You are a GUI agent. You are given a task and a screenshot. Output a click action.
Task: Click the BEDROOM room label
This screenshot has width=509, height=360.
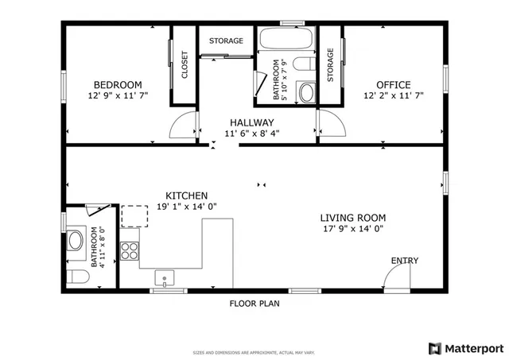(x=118, y=85)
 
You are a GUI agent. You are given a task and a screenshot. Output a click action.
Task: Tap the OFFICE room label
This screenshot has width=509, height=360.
(x=394, y=85)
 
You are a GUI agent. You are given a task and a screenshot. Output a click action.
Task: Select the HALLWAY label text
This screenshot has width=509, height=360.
(x=252, y=122)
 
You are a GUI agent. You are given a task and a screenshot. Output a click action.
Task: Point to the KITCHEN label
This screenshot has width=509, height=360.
(x=187, y=195)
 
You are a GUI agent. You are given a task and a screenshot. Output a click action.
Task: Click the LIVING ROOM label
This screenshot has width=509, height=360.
(x=352, y=218)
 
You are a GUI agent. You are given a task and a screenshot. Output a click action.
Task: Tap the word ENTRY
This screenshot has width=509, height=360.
(x=404, y=261)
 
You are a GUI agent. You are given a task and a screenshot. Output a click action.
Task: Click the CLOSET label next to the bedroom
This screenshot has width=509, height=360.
(x=185, y=65)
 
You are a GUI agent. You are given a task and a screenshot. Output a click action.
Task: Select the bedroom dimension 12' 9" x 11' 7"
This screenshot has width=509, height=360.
(x=118, y=95)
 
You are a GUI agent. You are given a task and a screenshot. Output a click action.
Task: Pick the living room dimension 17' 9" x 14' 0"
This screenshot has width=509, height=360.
(x=352, y=229)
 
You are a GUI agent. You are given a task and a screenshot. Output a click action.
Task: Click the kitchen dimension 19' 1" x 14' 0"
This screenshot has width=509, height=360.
(x=187, y=207)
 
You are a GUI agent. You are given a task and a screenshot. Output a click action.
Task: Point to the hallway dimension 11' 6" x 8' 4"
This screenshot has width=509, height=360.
(x=252, y=134)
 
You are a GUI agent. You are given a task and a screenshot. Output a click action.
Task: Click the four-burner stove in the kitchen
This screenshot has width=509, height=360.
(x=130, y=251)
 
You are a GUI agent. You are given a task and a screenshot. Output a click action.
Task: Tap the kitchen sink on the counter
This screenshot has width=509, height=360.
(x=165, y=278)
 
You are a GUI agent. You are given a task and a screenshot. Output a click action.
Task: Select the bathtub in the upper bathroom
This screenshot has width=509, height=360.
(x=286, y=40)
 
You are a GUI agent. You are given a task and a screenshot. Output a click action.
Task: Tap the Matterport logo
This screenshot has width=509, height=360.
(x=466, y=347)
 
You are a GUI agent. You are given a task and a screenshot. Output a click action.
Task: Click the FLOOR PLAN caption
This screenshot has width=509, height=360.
(x=254, y=303)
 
